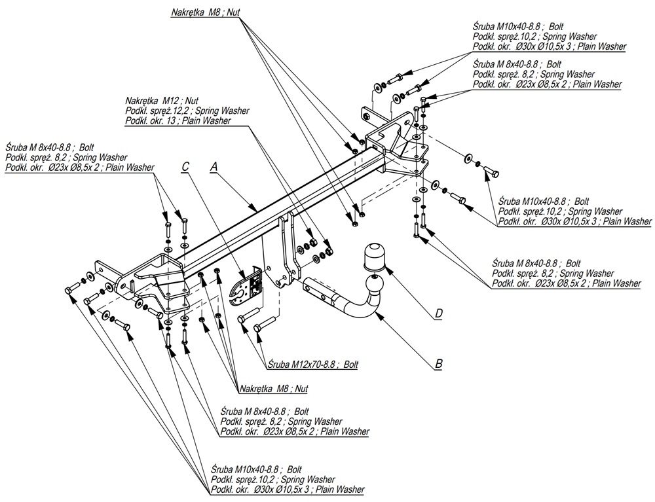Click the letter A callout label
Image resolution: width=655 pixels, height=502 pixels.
pyautogui.click(x=213, y=168)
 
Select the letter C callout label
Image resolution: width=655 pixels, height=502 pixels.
pyautogui.click(x=185, y=168)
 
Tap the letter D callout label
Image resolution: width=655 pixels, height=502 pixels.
pyautogui.click(x=438, y=314)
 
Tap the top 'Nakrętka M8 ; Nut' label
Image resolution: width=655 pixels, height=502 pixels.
pyautogui.click(x=206, y=12)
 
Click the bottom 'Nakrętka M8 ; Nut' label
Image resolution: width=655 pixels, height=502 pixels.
pyautogui.click(x=274, y=388)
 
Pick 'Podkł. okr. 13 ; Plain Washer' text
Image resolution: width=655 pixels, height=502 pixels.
pyautogui.click(x=173, y=120)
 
